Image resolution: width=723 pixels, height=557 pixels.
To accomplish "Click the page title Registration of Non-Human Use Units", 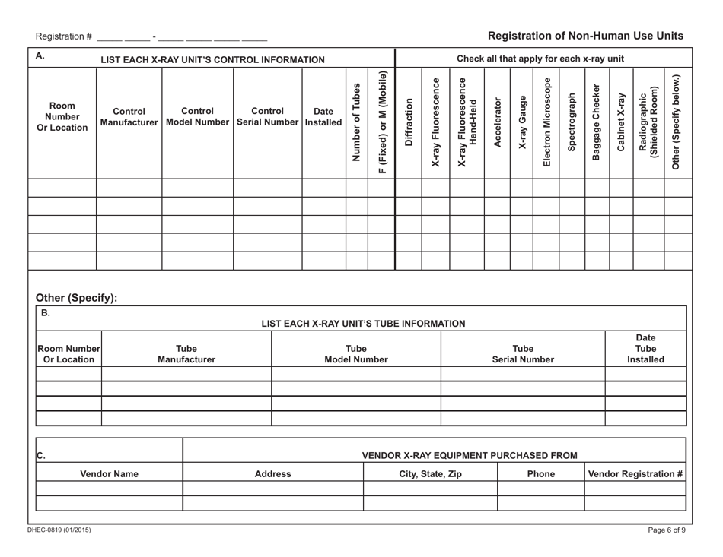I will tap(584, 36).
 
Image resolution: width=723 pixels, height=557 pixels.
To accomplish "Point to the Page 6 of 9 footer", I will tap(664, 530).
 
